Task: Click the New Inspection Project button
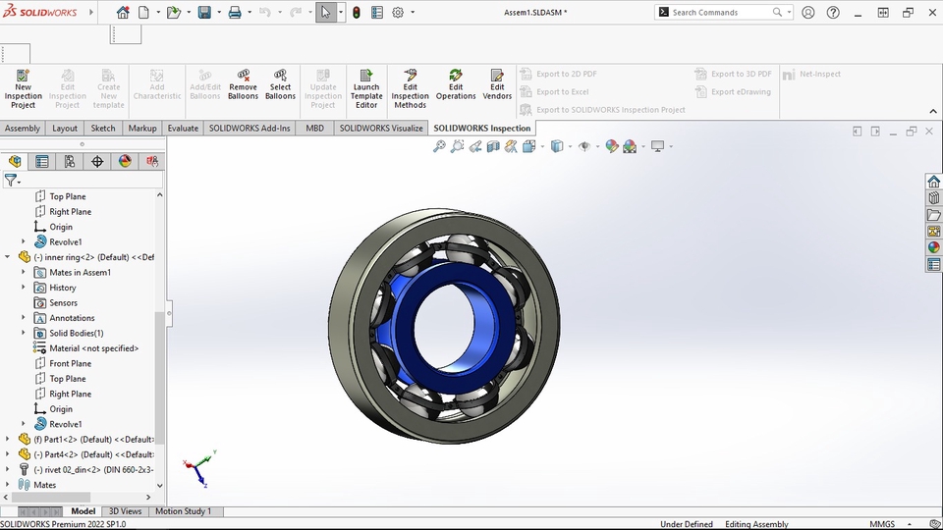click(x=23, y=88)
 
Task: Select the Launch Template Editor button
click(x=366, y=88)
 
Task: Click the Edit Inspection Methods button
click(x=411, y=88)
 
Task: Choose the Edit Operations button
click(x=456, y=88)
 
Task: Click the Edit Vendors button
click(x=497, y=88)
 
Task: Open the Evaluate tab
click(x=183, y=129)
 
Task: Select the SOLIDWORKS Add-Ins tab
click(x=250, y=129)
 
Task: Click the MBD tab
click(x=314, y=129)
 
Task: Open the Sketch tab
click(x=103, y=129)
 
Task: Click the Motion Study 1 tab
click(x=184, y=511)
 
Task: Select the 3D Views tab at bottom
click(x=125, y=511)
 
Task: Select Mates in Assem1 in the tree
click(x=80, y=273)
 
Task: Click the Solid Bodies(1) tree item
click(x=77, y=334)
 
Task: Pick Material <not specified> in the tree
click(x=93, y=348)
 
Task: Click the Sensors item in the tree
click(x=63, y=303)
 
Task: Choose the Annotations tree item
click(x=72, y=318)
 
